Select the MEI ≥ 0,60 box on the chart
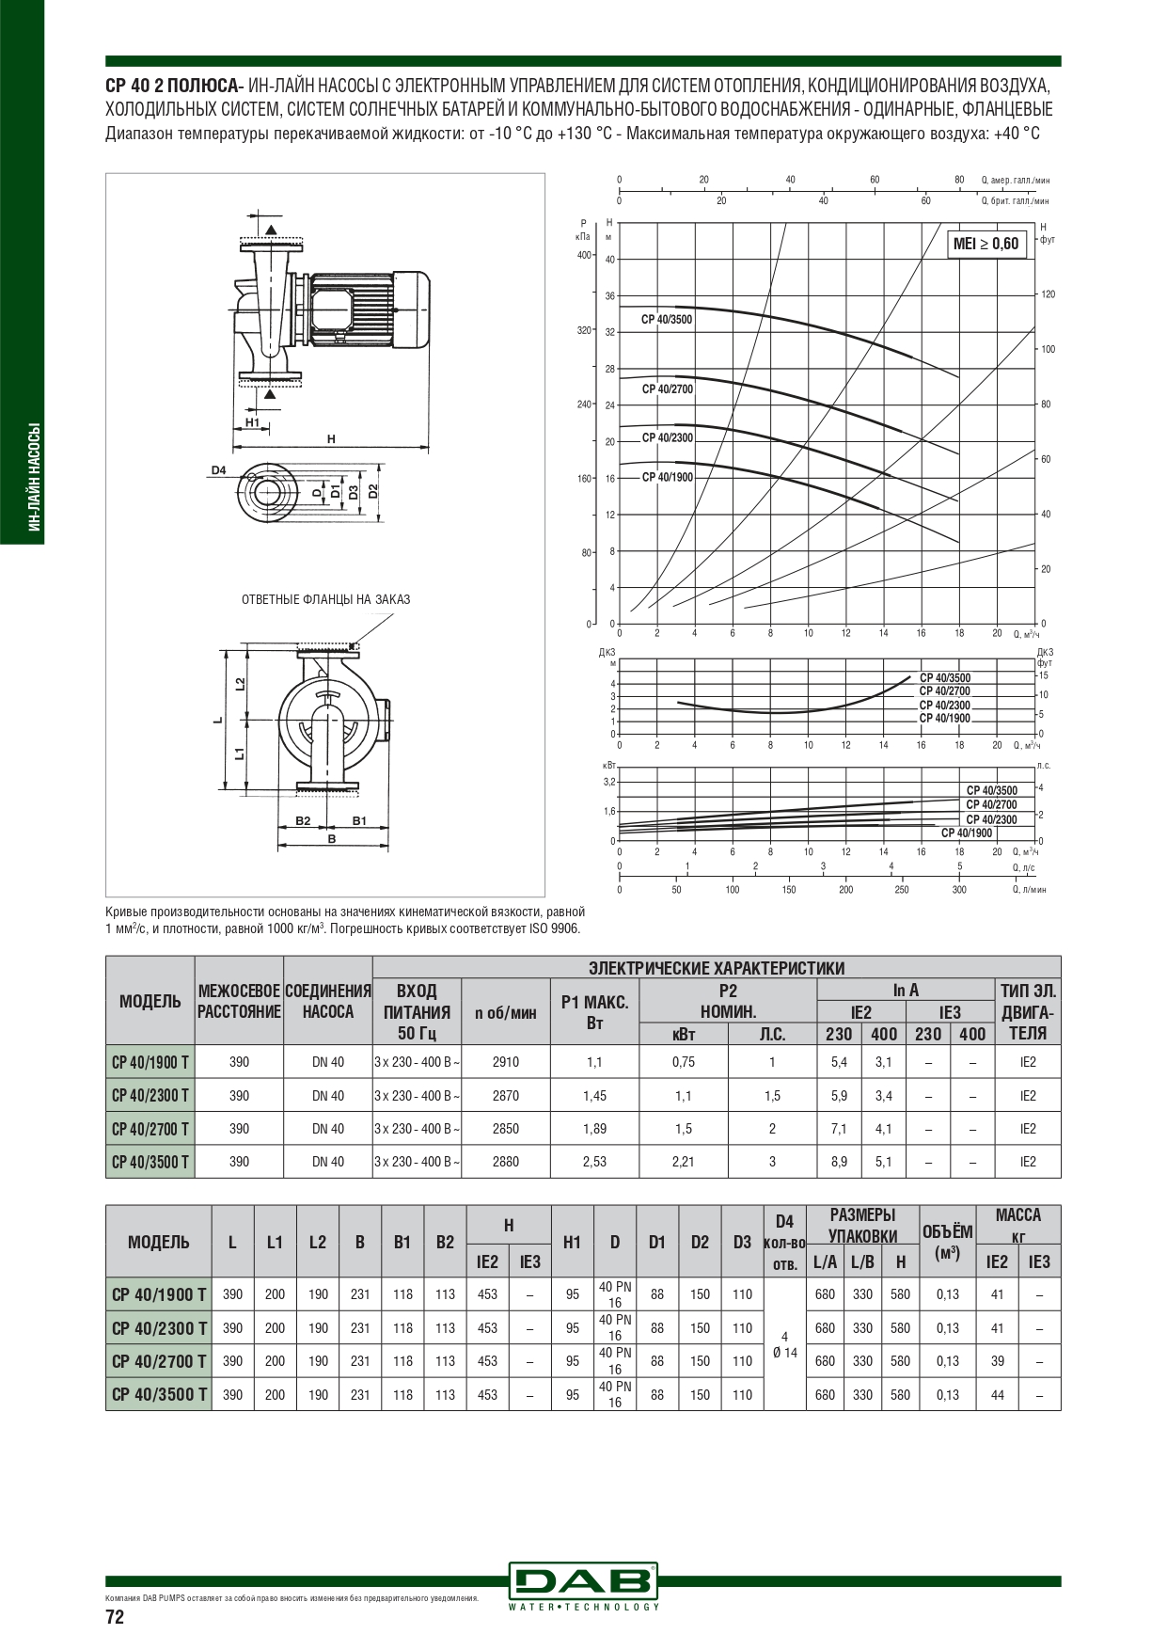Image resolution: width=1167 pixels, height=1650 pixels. (986, 244)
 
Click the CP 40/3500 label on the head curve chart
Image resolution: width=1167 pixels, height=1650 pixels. (667, 320)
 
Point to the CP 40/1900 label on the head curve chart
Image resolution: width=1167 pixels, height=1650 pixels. (668, 477)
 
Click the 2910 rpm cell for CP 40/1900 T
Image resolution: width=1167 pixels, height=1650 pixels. (506, 1062)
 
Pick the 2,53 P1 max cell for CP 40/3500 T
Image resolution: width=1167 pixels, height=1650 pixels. (594, 1162)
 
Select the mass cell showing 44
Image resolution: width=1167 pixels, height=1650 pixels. (997, 1395)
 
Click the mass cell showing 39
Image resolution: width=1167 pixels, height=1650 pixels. (997, 1361)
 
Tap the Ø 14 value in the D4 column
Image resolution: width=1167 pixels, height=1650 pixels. (784, 1353)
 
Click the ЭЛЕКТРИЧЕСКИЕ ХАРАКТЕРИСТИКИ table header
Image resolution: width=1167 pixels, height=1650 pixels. (717, 968)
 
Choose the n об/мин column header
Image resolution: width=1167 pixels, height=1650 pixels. (506, 1012)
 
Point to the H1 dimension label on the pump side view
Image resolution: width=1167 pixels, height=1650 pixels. (252, 423)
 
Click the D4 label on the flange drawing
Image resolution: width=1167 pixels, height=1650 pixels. (218, 469)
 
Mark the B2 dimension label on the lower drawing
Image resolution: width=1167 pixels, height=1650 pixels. (303, 821)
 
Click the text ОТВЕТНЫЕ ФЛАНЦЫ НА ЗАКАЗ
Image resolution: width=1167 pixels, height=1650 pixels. (326, 599)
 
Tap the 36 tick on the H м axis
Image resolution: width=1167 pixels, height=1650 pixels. (609, 295)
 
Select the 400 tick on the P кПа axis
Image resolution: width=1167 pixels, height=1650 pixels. (584, 256)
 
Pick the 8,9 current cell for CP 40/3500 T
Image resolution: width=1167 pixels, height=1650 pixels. (839, 1162)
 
